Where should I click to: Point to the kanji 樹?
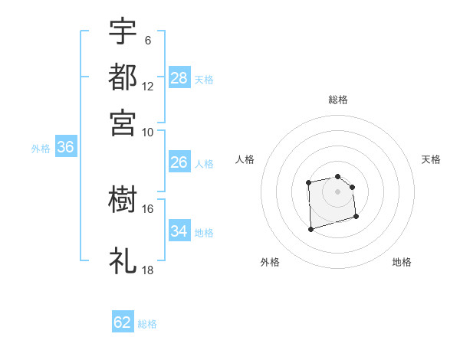coord(123,201)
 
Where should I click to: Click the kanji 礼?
coord(123,261)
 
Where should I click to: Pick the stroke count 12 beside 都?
coord(148,87)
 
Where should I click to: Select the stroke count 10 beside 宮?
coord(148,132)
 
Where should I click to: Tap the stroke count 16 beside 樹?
coord(148,208)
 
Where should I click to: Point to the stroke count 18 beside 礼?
coord(148,270)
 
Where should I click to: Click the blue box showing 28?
coord(179,78)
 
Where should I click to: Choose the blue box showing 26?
coord(179,162)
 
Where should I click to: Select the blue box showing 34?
coord(179,231)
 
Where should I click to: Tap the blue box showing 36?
coord(65,148)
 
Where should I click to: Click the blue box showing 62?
coord(123,322)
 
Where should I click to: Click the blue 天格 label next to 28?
coord(204,79)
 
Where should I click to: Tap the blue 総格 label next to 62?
coord(147,324)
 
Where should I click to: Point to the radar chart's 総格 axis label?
coord(337,100)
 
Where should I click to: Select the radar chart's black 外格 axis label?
coord(270,262)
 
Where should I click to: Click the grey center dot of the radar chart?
coord(337,191)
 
